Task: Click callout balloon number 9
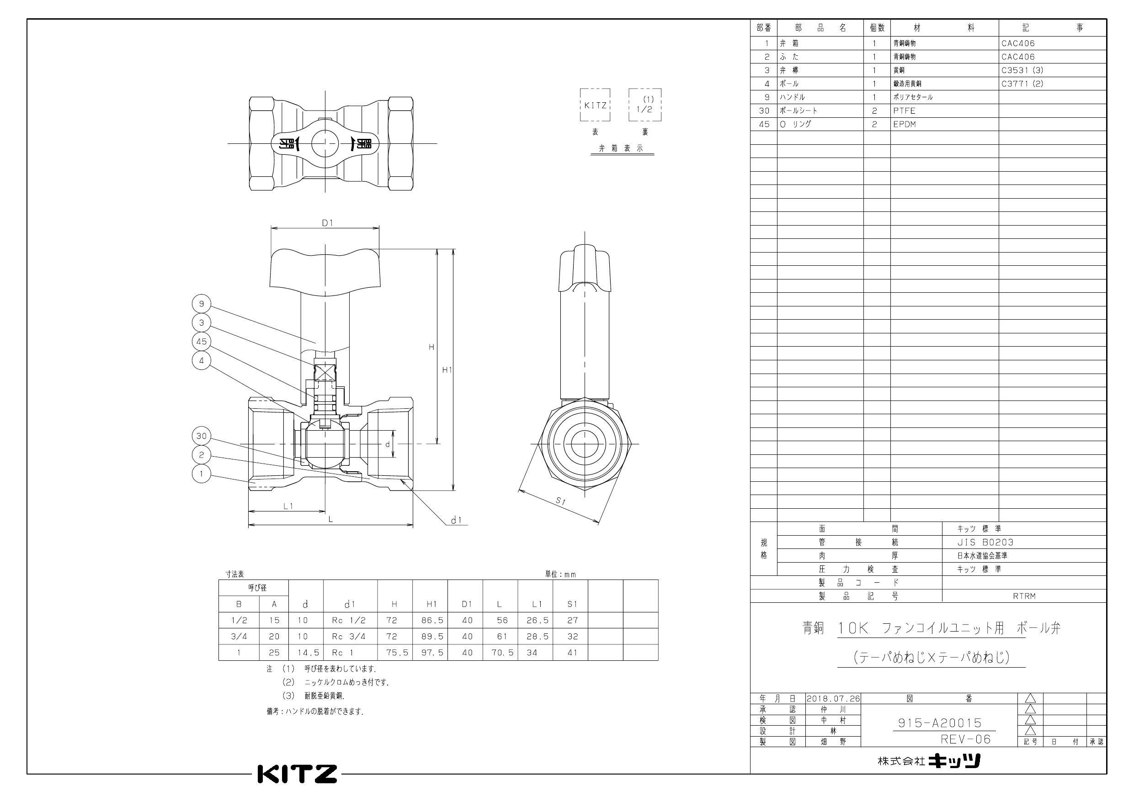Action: point(201,304)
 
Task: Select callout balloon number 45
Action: point(201,342)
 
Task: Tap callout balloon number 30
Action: point(201,436)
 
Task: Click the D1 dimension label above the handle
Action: point(327,223)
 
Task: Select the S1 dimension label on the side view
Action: point(560,501)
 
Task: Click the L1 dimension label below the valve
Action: point(288,506)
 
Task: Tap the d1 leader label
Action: point(456,520)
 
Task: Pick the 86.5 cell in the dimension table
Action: point(432,620)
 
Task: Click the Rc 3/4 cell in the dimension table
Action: point(349,637)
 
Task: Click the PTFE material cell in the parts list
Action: point(904,111)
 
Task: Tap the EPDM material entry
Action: point(904,124)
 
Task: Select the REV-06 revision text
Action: point(966,739)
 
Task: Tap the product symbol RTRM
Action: point(1024,596)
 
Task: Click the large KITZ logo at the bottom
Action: point(298,774)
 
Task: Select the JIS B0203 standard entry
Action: point(985,543)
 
